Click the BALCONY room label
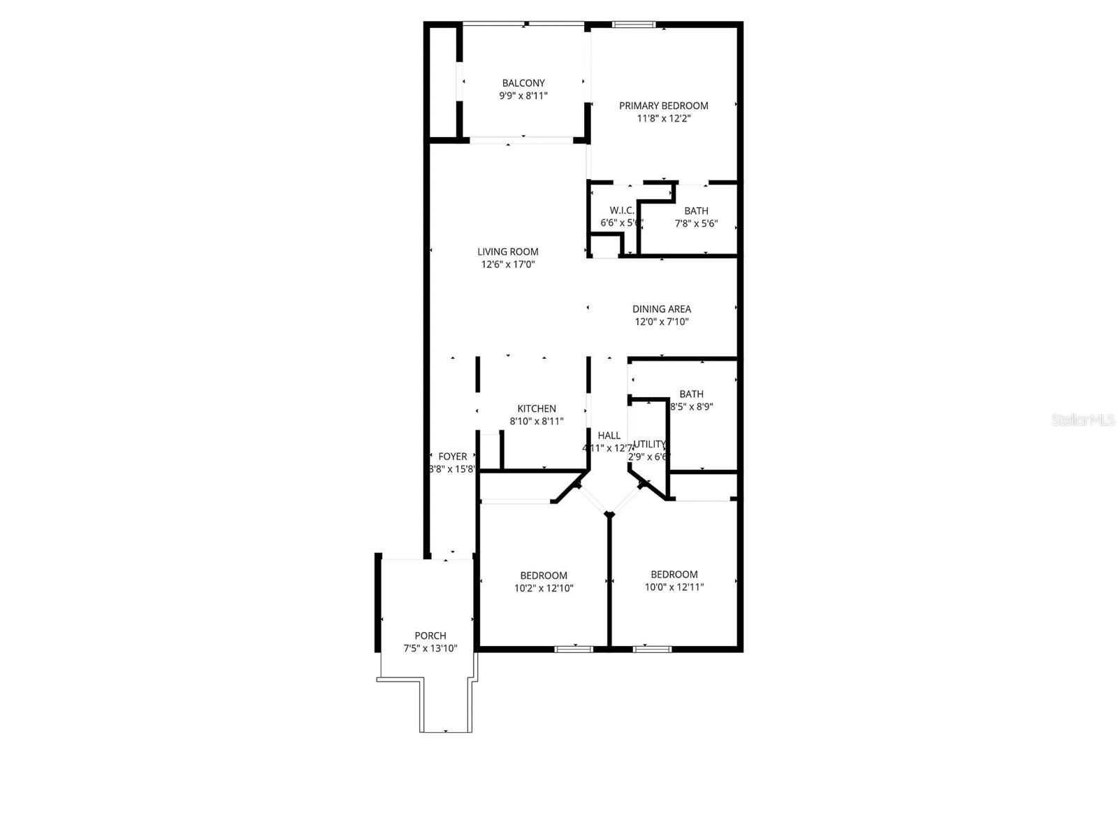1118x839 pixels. (x=523, y=83)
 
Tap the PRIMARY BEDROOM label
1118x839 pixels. (x=663, y=106)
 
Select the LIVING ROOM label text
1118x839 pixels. (x=507, y=252)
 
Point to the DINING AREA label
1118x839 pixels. (x=661, y=309)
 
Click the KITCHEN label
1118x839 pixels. (x=537, y=409)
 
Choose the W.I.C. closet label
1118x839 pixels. (x=622, y=210)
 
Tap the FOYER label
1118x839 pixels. (x=452, y=457)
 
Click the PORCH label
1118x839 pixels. (x=430, y=636)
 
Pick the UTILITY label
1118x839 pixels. (x=649, y=444)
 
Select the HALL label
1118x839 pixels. (x=609, y=436)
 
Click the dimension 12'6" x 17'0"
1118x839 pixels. (x=507, y=264)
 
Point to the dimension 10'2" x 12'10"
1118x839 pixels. (x=544, y=588)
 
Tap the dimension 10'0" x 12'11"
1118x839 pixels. (x=674, y=587)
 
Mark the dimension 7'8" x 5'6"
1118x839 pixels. (x=696, y=224)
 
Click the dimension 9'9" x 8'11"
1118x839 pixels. (x=523, y=96)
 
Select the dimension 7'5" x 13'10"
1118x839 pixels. (x=430, y=648)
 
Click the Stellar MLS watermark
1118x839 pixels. (x=1083, y=420)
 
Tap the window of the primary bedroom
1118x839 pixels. (x=634, y=25)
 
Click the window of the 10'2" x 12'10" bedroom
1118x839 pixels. (x=574, y=649)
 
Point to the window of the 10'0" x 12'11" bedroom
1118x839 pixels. (x=652, y=649)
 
